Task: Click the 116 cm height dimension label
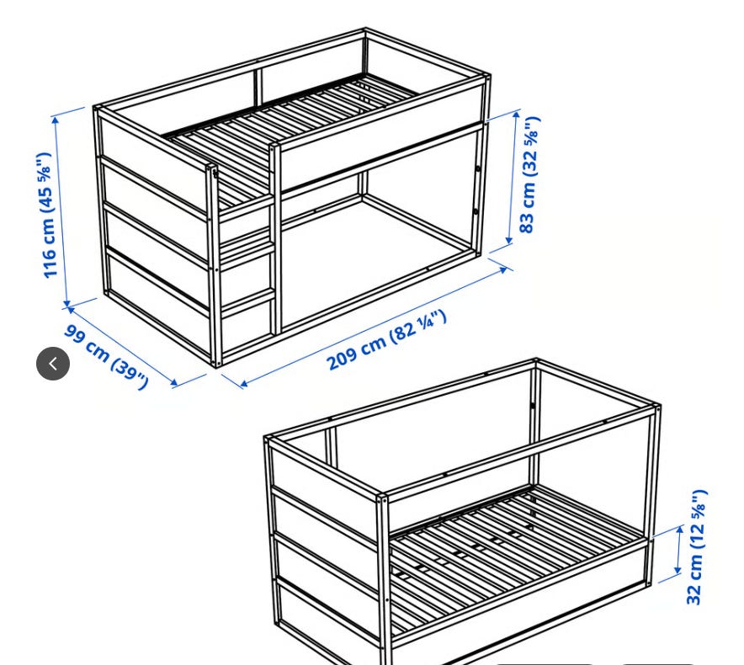[x=46, y=215]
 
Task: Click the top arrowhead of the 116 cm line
[x=56, y=120]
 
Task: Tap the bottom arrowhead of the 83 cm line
[x=509, y=241]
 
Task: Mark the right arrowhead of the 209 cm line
[x=503, y=269]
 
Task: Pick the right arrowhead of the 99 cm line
[x=174, y=381]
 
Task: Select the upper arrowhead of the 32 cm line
[x=679, y=529]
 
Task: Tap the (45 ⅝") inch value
[x=45, y=183]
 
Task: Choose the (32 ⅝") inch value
[x=530, y=146]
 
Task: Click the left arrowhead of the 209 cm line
[x=243, y=383]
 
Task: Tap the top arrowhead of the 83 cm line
[x=517, y=115]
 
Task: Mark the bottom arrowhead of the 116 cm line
[x=66, y=302]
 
